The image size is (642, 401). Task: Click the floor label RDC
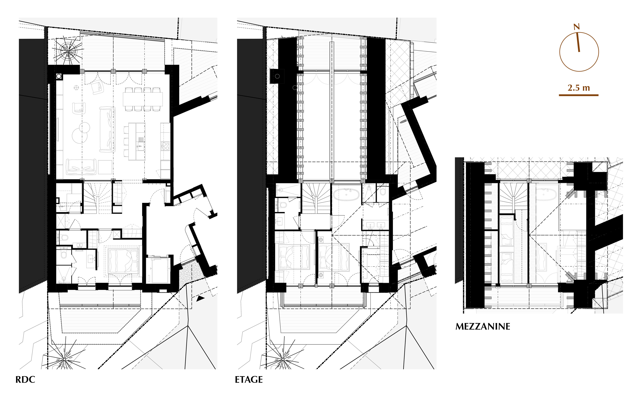[25, 379]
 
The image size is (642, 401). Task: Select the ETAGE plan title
[249, 379]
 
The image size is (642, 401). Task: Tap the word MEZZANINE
[483, 326]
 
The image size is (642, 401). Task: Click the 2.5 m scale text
[579, 88]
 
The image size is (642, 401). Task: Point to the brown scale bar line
[579, 95]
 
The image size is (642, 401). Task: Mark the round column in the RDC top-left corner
[59, 76]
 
